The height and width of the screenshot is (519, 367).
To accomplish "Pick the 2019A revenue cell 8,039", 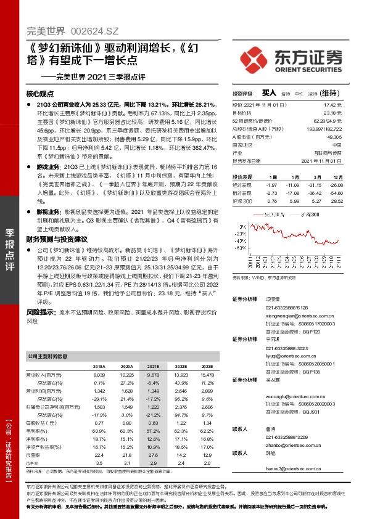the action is point(99,375).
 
